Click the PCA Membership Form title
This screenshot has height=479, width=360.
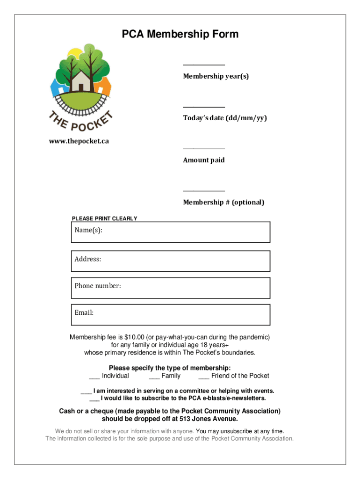[x=180, y=34]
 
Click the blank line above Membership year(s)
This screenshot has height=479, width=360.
[x=203, y=65]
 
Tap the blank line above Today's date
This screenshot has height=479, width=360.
[x=203, y=107]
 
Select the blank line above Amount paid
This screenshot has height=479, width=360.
[x=203, y=149]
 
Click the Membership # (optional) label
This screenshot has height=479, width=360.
[x=223, y=202]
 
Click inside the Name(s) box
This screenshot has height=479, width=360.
[x=170, y=232]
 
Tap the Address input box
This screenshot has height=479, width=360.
[x=170, y=261]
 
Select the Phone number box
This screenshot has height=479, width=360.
[x=170, y=288]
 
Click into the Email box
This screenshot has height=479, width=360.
[x=170, y=314]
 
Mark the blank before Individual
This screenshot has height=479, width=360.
[x=94, y=376]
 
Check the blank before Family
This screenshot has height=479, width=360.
[x=154, y=376]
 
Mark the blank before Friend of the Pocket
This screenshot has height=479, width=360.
[x=203, y=376]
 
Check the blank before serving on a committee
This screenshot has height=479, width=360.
[x=86, y=392]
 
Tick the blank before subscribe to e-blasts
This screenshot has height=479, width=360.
[x=94, y=399]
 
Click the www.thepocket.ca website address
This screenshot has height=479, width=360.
[x=79, y=141]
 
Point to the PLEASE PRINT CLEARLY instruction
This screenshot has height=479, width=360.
[x=104, y=218]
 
